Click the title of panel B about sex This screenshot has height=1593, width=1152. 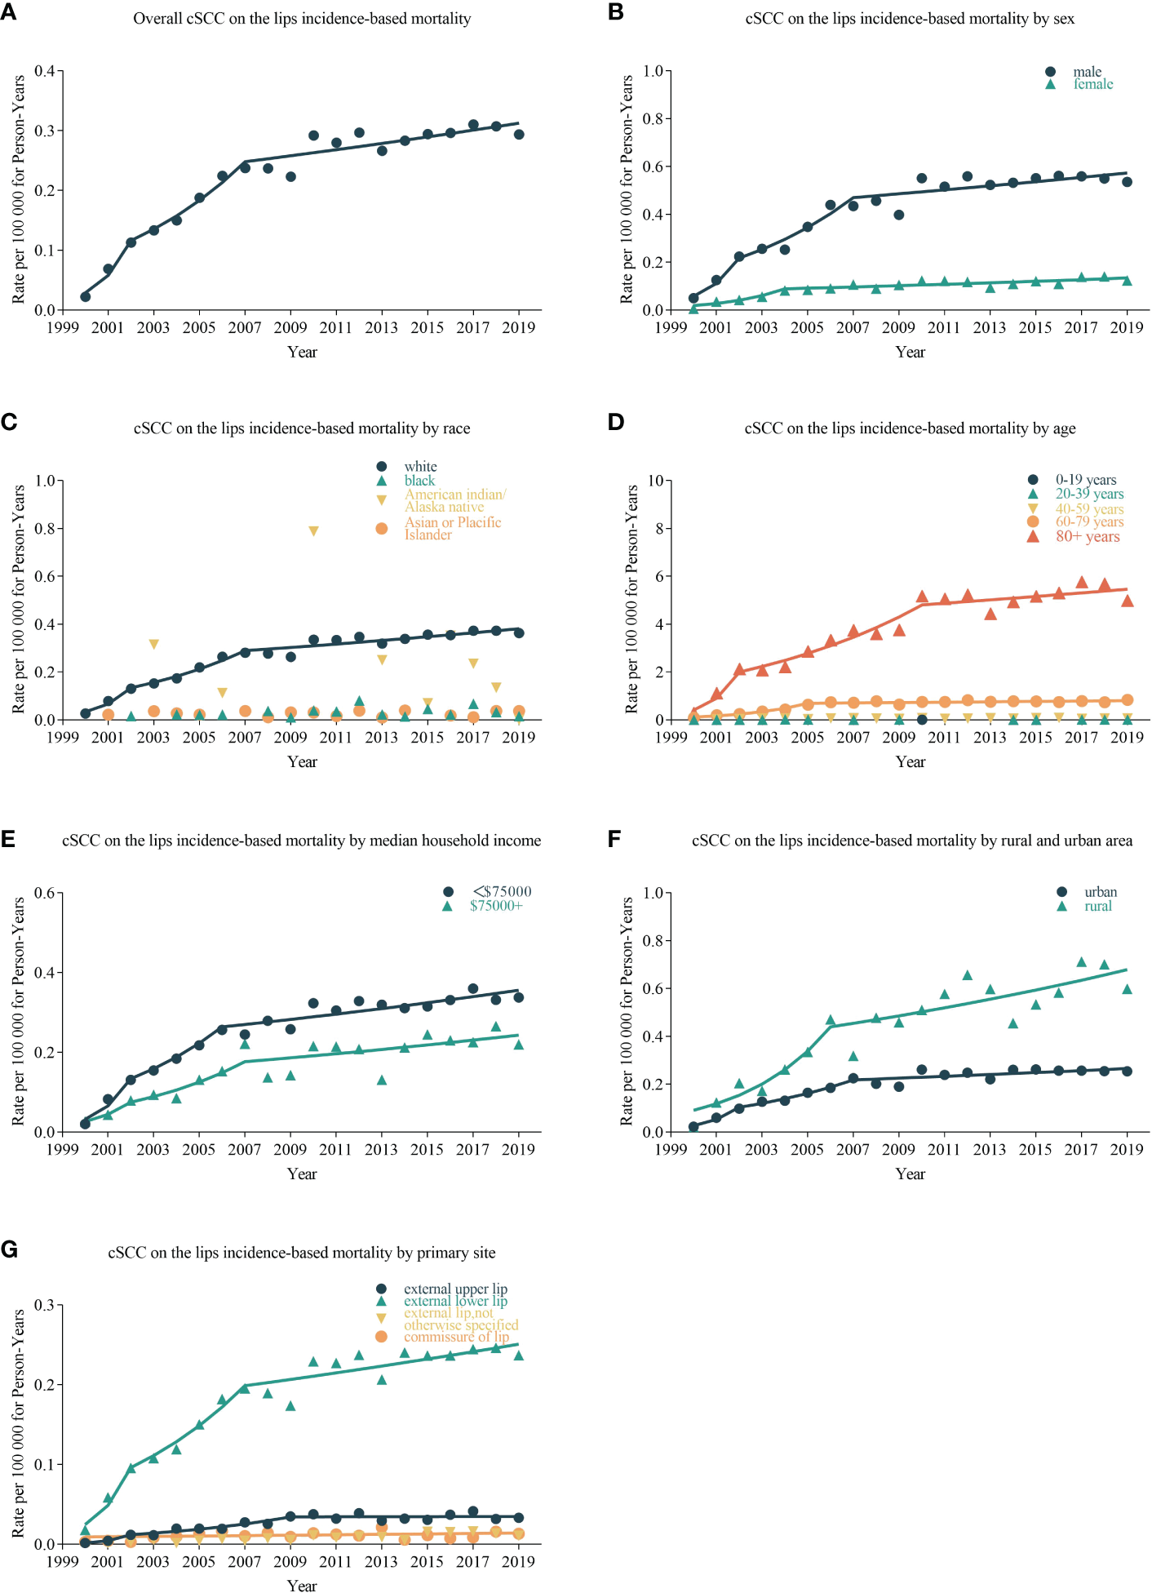(910, 19)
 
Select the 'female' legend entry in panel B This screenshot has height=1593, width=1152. (1092, 84)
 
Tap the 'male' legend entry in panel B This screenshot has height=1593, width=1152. (1087, 72)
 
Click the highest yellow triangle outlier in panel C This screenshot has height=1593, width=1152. (313, 531)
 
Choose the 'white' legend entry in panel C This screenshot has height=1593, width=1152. (420, 467)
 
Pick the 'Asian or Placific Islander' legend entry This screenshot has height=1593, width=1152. (452, 528)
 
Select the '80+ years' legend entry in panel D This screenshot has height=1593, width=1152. (1087, 536)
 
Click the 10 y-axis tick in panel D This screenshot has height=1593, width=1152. (655, 481)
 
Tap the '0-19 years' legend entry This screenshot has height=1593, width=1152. (1085, 480)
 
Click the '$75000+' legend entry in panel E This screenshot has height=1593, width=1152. (495, 906)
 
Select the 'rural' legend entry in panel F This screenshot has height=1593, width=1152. (1097, 906)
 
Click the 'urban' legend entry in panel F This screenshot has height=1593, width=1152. (1100, 892)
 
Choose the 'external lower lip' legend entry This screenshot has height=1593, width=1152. (455, 1301)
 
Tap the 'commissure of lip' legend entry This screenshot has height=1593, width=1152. (455, 1337)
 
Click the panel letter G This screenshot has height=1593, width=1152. (9, 1249)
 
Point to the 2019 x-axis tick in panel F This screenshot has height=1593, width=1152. (1127, 1149)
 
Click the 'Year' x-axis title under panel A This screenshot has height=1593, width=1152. (302, 352)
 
